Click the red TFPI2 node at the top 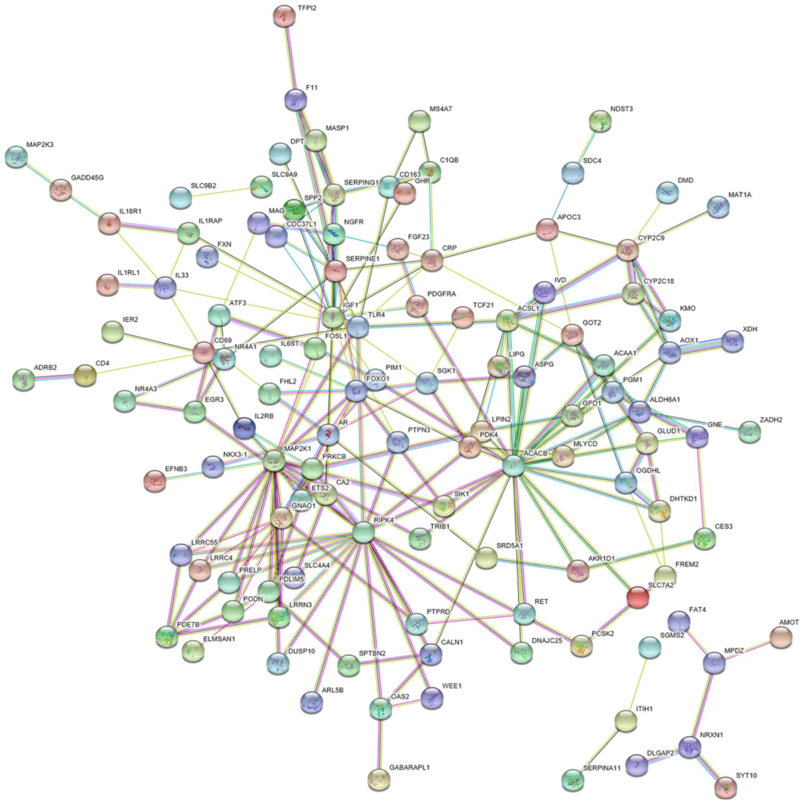[x=284, y=16]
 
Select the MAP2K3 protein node [x=16, y=157]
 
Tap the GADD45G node [x=61, y=190]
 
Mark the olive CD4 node [x=85, y=376]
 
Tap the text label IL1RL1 [x=128, y=273]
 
